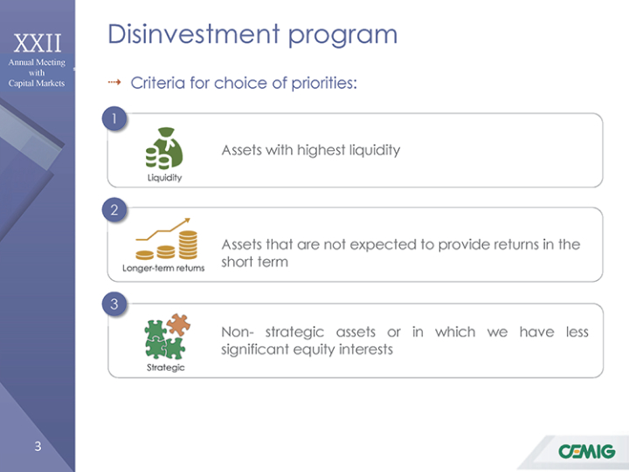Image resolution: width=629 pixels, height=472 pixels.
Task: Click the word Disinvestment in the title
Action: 194,34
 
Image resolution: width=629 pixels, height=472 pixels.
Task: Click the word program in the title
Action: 343,36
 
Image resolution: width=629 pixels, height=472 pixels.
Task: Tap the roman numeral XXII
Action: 38,43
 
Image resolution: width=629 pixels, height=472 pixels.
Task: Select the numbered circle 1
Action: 114,119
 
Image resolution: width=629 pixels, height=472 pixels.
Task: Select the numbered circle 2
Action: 114,209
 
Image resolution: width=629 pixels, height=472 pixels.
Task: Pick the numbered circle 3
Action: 114,304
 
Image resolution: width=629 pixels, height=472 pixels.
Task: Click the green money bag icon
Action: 164,148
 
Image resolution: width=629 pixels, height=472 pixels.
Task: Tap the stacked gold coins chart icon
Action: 167,239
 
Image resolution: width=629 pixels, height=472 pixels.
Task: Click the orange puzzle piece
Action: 178,325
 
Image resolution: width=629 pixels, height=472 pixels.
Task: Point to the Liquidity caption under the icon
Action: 164,177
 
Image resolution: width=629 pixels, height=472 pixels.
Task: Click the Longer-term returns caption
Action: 163,268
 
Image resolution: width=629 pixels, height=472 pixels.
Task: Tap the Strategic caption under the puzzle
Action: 166,367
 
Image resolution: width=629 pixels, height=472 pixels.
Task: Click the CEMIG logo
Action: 586,451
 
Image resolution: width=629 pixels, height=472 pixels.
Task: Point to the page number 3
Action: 38,447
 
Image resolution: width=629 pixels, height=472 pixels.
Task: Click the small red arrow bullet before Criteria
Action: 114,83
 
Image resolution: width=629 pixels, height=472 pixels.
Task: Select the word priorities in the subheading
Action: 324,84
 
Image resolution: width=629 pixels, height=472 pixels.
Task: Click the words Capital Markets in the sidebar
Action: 37,84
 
